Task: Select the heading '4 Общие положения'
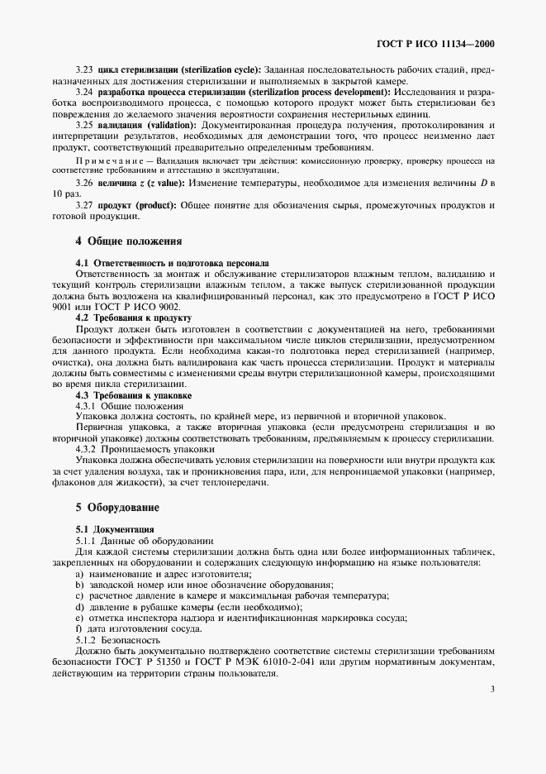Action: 128,241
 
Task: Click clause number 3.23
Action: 84,68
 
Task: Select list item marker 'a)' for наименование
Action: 79,573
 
